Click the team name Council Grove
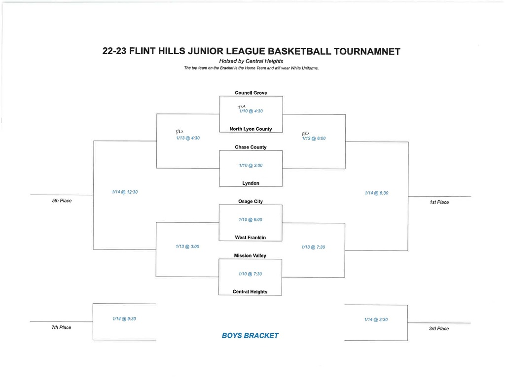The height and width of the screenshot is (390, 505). [x=251, y=93]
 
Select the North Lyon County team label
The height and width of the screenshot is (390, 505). [x=251, y=129]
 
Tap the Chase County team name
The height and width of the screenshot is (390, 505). [x=251, y=147]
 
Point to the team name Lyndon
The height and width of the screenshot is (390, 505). [x=251, y=183]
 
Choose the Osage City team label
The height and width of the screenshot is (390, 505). [x=251, y=201]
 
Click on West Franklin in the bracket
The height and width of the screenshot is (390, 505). [x=250, y=237]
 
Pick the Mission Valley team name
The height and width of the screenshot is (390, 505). [x=250, y=256]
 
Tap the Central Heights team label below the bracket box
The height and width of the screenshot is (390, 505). [x=250, y=292]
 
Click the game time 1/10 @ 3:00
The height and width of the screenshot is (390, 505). [x=251, y=166]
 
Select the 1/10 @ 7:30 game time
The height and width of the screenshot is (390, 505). [x=250, y=274]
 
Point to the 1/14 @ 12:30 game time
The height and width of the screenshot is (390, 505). [x=125, y=192]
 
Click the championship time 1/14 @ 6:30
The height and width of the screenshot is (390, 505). [x=376, y=193]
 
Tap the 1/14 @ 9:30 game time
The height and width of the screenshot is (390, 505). [x=124, y=319]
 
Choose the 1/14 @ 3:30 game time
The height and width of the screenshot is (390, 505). [x=376, y=319]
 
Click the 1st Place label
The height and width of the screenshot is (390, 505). [x=439, y=202]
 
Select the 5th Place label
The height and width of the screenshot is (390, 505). [x=62, y=201]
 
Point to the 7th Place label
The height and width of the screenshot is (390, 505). [x=61, y=327]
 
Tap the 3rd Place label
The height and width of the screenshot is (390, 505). [x=438, y=328]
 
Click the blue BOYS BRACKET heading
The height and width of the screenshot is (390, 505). [x=250, y=336]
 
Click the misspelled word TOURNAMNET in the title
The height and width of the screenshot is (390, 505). [x=367, y=52]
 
